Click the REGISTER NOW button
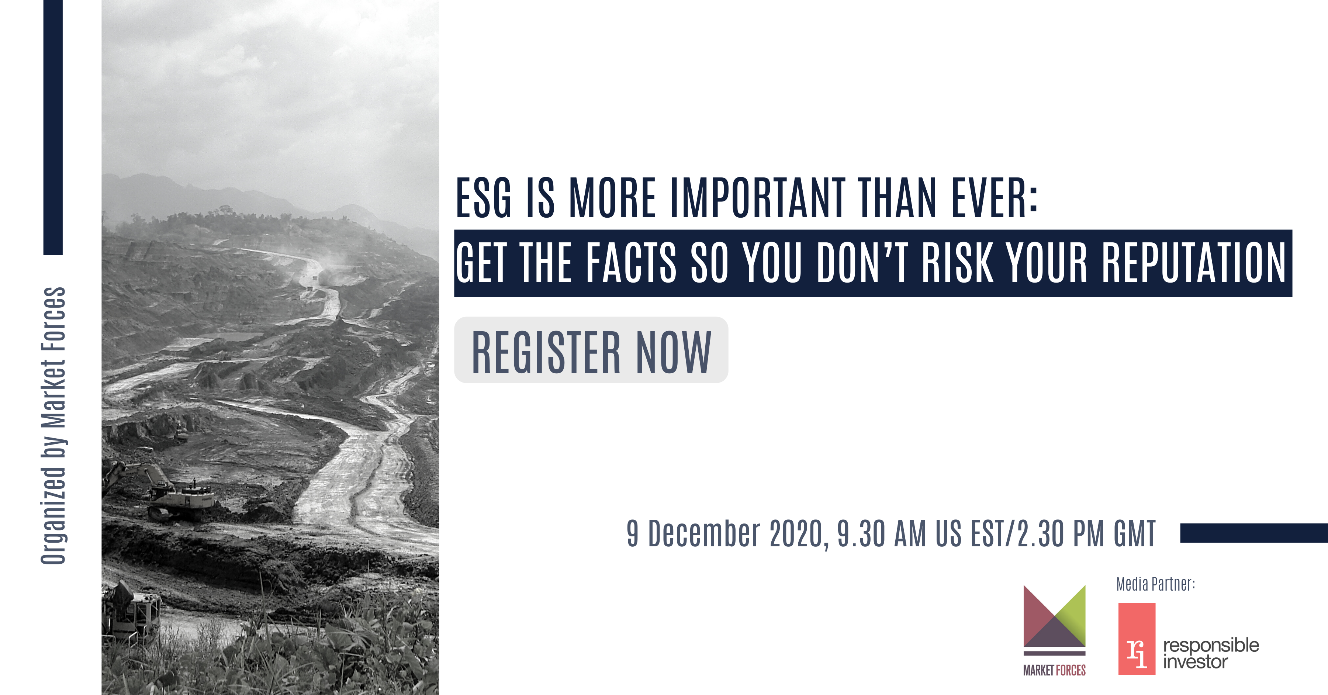[591, 350]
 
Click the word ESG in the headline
[484, 198]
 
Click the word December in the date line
[704, 534]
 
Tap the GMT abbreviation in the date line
[1134, 534]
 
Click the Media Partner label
[1155, 584]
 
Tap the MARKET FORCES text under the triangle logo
[1054, 670]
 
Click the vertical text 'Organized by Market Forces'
[53, 425]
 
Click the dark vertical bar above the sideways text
[53, 127]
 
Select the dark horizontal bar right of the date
[1254, 533]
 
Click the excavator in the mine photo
[160, 490]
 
